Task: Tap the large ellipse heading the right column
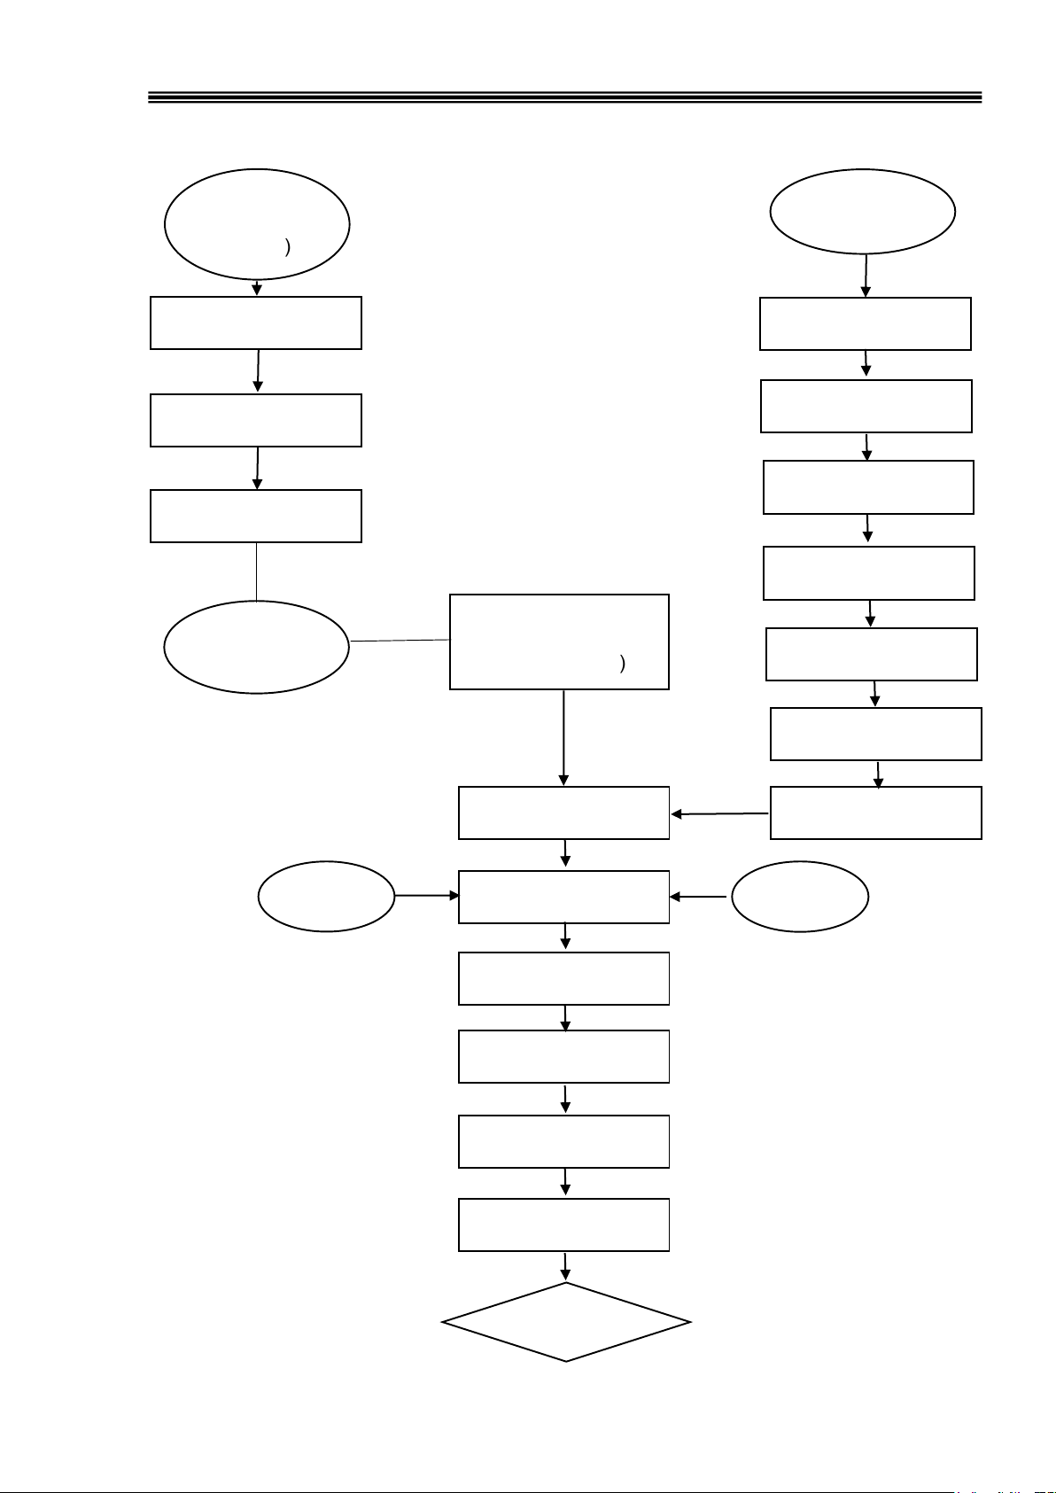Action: tap(862, 212)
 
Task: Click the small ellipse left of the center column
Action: tap(326, 896)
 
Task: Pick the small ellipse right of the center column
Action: tap(800, 896)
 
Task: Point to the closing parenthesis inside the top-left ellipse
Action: tap(287, 247)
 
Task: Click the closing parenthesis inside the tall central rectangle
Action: tap(623, 663)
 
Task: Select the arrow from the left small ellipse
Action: tap(427, 896)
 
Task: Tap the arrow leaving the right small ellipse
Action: tap(700, 897)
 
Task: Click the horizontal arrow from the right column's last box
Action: tap(719, 813)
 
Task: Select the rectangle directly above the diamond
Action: tap(563, 1225)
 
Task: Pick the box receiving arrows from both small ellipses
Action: tap(563, 897)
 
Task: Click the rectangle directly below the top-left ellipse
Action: tap(256, 323)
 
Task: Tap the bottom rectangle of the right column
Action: tap(875, 813)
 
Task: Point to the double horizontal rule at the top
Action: tap(565, 97)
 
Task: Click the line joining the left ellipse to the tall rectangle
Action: tap(400, 640)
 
